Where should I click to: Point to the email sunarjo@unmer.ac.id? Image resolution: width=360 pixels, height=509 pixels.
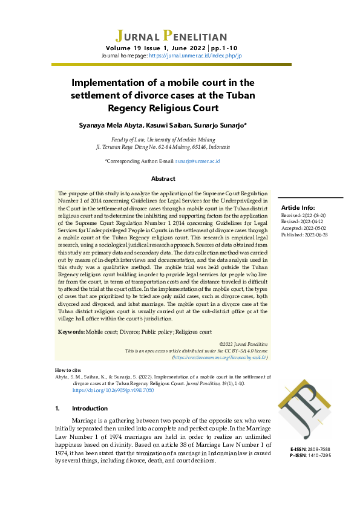197,161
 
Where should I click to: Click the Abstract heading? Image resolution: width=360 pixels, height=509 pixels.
163,179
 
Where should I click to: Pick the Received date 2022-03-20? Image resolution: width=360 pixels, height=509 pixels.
314,215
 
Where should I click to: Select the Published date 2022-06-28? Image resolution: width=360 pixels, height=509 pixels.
316,235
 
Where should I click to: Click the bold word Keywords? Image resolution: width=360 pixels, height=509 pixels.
71,332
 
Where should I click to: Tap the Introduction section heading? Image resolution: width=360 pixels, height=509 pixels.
90,408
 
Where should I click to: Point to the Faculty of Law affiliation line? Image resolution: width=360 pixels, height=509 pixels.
163,139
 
